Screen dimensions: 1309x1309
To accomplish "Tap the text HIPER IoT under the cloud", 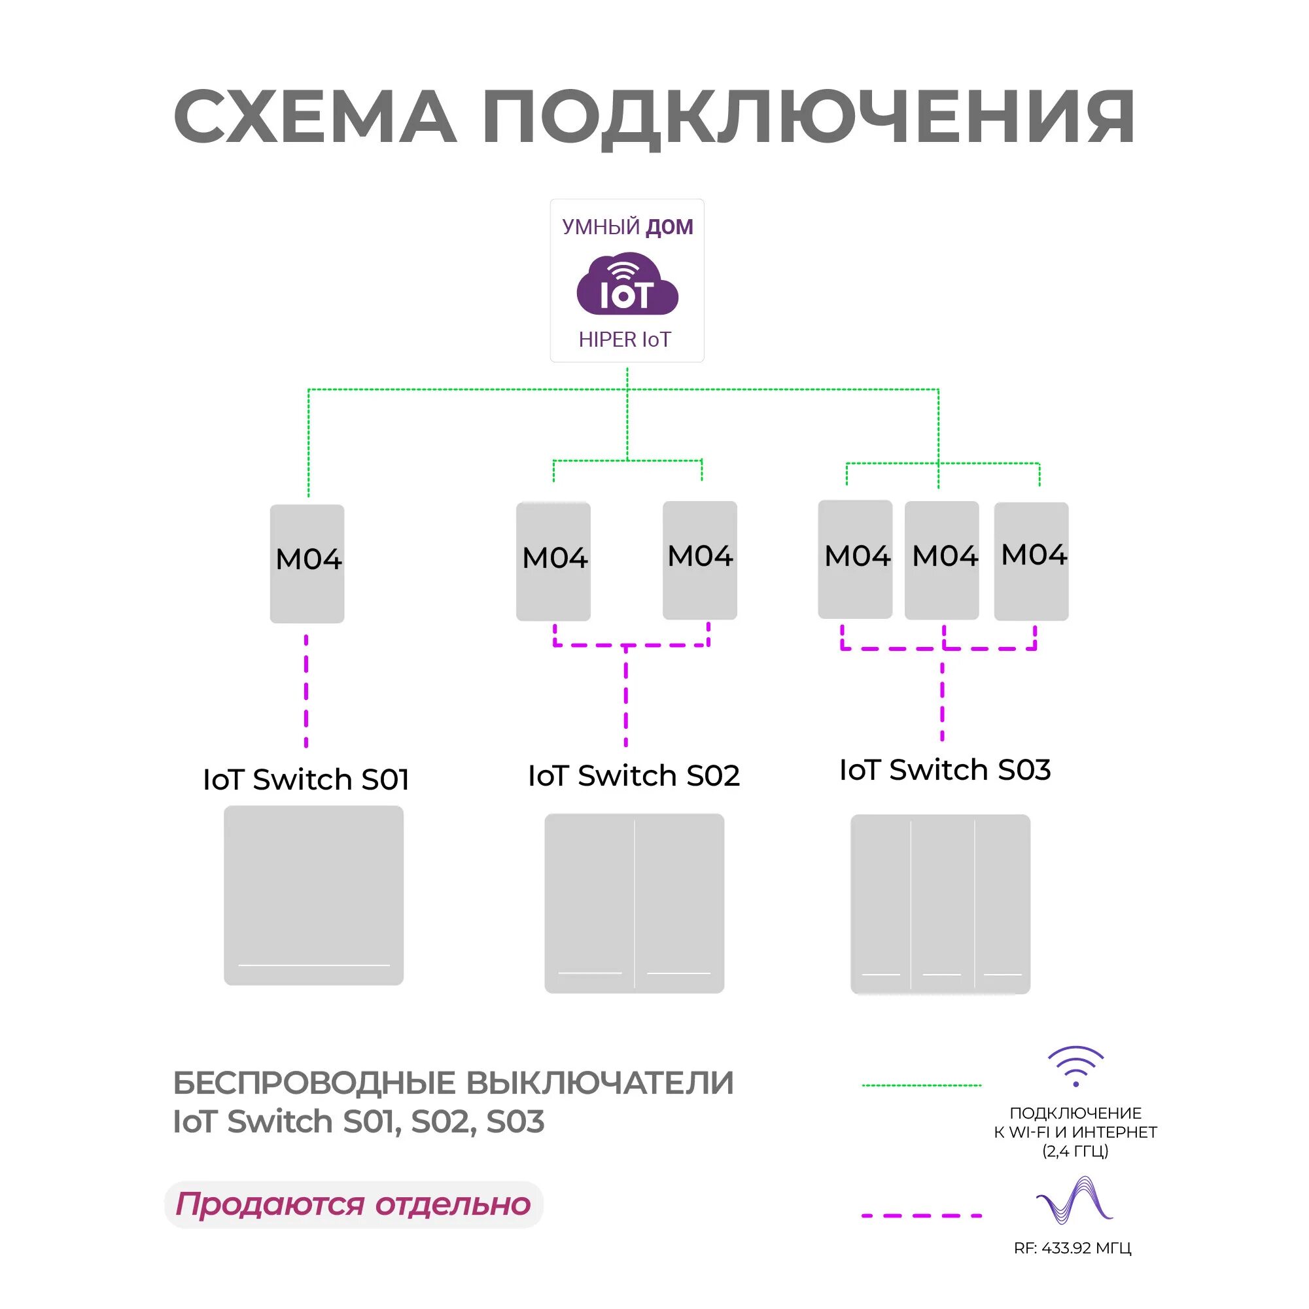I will pos(625,340).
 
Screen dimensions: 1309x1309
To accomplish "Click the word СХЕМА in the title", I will pos(315,117).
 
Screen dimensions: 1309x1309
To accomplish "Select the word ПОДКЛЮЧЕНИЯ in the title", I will pos(808,117).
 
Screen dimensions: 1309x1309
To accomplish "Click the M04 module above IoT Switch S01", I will pos(307,563).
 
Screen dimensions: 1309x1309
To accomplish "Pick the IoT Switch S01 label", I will pos(306,779).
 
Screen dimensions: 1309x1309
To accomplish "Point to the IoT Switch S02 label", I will pos(633,775).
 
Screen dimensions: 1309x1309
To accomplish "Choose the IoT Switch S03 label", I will pos(945,770).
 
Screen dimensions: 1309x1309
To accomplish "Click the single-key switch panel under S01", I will pos(314,895).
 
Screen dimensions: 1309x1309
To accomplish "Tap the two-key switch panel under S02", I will pos(634,903).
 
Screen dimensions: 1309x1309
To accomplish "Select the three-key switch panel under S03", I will pos(941,904).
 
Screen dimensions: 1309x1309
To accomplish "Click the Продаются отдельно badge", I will pos(353,1204).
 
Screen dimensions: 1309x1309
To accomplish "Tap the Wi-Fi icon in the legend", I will pos(1075,1066).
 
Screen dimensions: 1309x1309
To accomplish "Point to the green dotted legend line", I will pos(922,1085).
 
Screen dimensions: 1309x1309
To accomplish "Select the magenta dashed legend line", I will pos(922,1215).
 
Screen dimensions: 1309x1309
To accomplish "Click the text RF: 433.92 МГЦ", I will pos(1073,1248).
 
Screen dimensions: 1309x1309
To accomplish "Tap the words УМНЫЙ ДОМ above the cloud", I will pos(627,226).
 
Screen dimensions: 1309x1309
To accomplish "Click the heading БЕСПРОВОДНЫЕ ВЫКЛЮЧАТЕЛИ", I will pos(453,1083).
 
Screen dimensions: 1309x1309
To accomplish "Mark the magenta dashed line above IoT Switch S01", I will pos(306,691).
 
